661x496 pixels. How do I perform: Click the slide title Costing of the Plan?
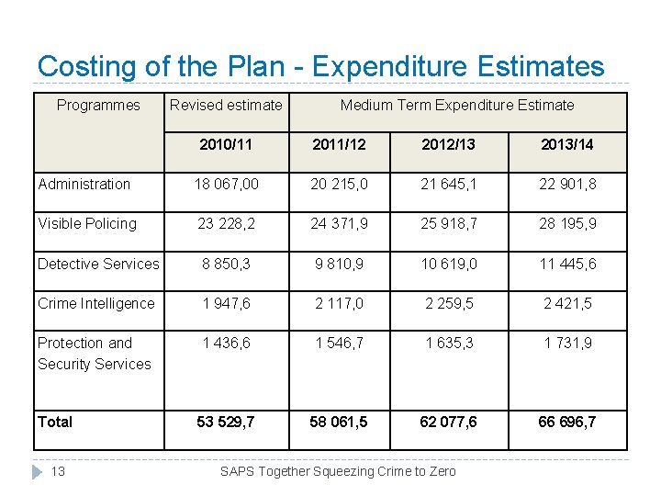[x=320, y=66]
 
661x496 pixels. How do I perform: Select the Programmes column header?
[x=98, y=105]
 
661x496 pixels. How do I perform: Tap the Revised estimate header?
[x=226, y=105]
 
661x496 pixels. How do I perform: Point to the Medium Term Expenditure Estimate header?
[x=457, y=105]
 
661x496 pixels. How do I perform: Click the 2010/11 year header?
[x=226, y=144]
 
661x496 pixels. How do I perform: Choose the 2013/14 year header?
[x=567, y=144]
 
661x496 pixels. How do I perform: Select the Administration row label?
[x=84, y=184]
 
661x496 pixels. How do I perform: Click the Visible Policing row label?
[x=87, y=223]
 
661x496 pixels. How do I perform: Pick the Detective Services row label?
[x=98, y=264]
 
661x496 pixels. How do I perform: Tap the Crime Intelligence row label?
[x=96, y=303]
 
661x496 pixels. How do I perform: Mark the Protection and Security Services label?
[x=94, y=354]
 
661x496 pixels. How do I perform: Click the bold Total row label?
[x=55, y=422]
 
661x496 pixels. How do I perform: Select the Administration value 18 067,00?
[x=226, y=184]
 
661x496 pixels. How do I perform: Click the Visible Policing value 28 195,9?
[x=567, y=223]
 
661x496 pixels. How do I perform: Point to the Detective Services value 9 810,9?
[x=338, y=264]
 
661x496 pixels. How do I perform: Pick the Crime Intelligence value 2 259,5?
[x=448, y=303]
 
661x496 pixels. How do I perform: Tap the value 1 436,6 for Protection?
[x=226, y=343]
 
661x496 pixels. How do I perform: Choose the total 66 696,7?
[x=567, y=422]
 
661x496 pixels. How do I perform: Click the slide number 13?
[x=58, y=471]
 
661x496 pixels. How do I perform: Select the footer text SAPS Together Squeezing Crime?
[x=338, y=471]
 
